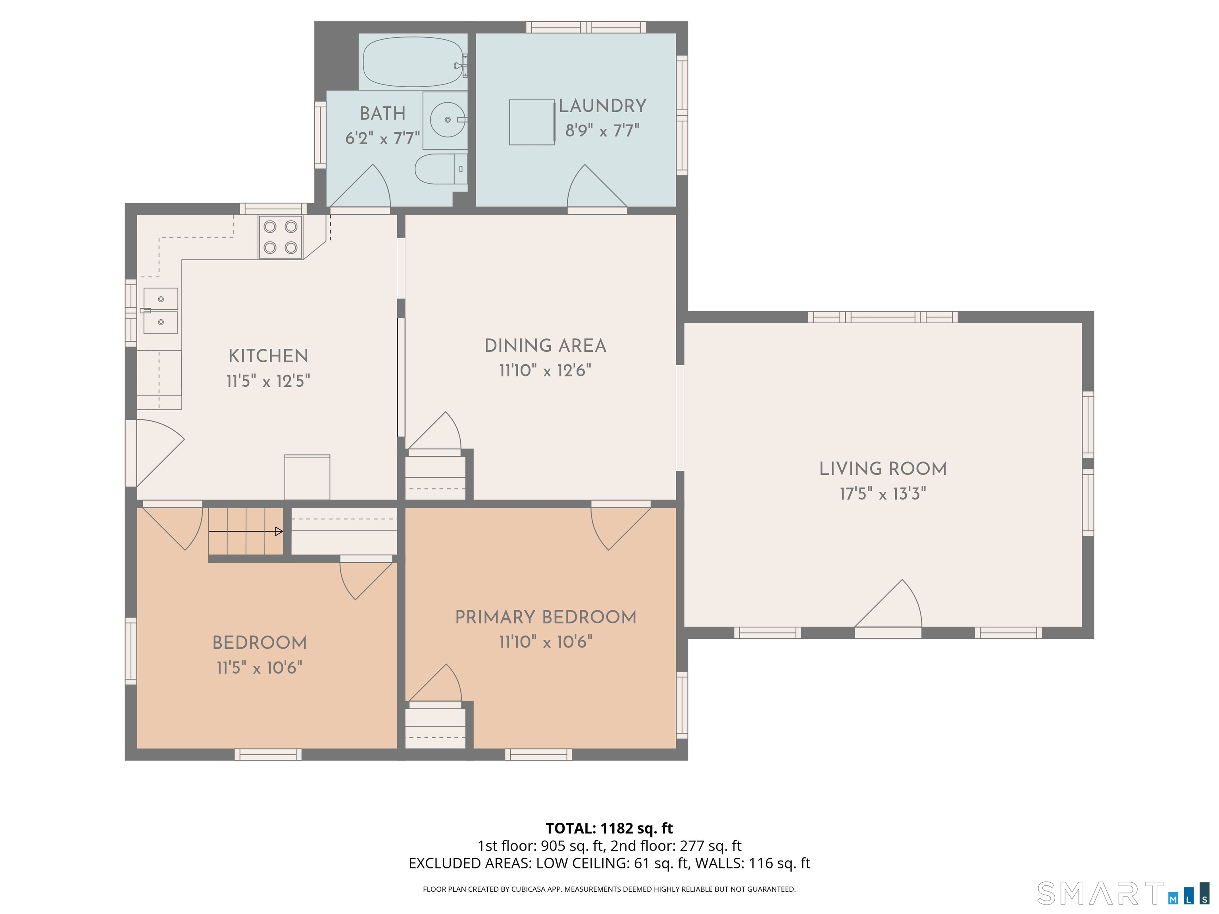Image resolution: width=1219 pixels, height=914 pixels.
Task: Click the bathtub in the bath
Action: pyautogui.click(x=412, y=62)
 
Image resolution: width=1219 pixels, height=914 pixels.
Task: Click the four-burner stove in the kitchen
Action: pyautogui.click(x=281, y=237)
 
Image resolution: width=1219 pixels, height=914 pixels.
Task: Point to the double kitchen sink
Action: pyautogui.click(x=160, y=311)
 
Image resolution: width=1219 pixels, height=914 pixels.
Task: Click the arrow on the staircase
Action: pyautogui.click(x=246, y=531)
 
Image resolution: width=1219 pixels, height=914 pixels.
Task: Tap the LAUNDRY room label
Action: pyautogui.click(x=602, y=106)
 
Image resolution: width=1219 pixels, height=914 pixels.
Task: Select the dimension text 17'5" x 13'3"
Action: pyautogui.click(x=882, y=493)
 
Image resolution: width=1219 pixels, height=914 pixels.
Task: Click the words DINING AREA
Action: pyautogui.click(x=545, y=346)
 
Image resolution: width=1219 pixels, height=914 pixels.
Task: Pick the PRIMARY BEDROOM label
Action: pyautogui.click(x=546, y=617)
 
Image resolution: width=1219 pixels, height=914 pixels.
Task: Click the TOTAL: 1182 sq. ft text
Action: pyautogui.click(x=609, y=828)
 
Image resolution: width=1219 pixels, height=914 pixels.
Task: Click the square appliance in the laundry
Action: pyautogui.click(x=532, y=122)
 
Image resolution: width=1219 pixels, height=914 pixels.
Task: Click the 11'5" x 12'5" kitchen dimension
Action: pyautogui.click(x=268, y=381)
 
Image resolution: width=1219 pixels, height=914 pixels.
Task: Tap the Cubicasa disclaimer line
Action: pyautogui.click(x=609, y=889)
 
